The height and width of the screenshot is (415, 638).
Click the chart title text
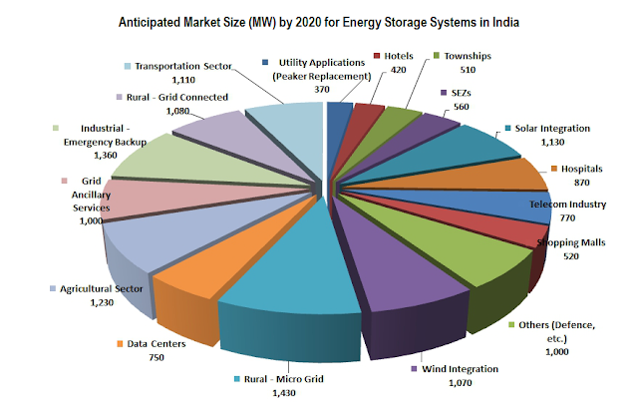(318, 21)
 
